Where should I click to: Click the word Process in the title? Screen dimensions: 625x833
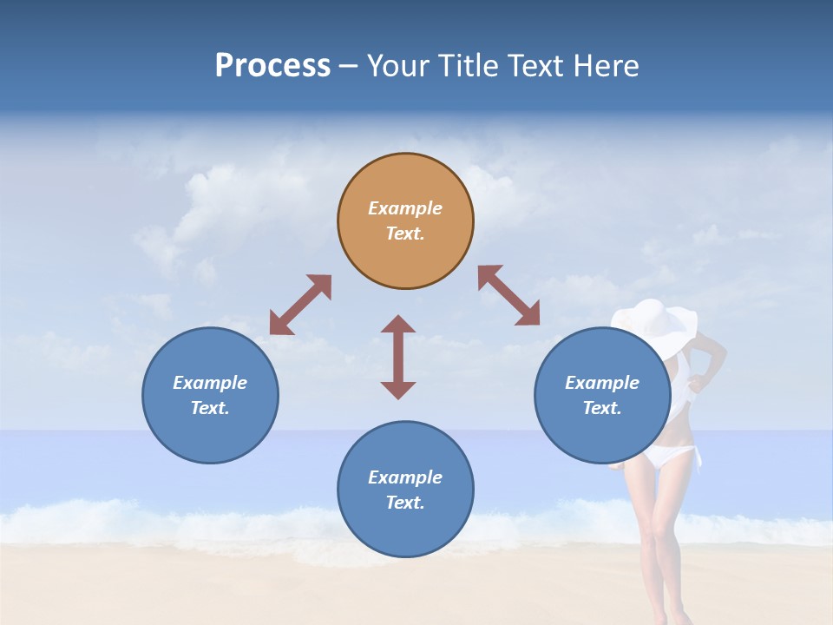tap(272, 66)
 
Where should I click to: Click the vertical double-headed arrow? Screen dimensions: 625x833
tap(398, 357)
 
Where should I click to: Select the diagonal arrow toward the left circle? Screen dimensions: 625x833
tap(300, 305)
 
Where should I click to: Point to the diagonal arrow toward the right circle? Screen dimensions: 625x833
tap(508, 295)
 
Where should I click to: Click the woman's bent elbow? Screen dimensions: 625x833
tap(718, 356)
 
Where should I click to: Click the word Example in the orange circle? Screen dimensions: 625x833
tap(405, 208)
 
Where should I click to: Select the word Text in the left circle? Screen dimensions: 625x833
tap(210, 408)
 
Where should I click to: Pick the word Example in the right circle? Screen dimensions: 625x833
tap(602, 383)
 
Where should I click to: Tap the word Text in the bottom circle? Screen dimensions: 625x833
tap(405, 503)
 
